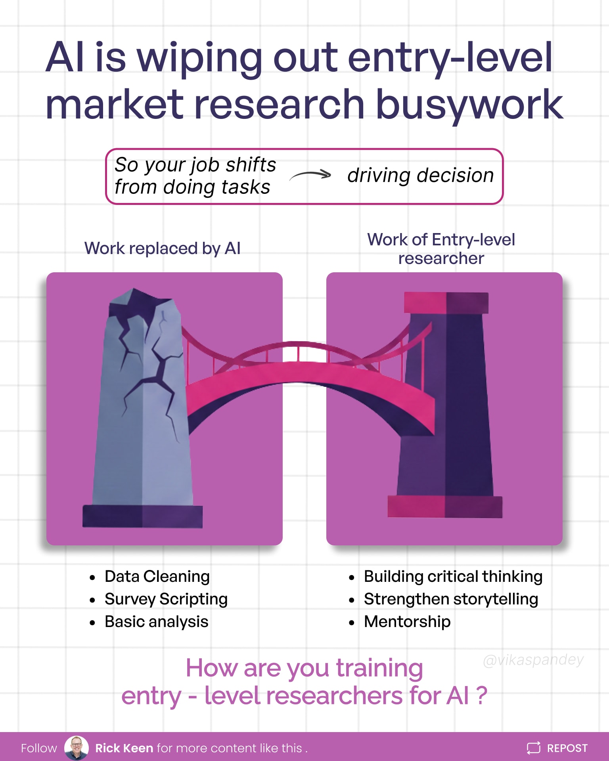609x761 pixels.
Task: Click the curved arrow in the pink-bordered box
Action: tap(310, 175)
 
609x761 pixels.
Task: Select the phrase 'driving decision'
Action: tap(420, 175)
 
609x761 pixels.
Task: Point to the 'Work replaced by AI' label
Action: tap(162, 249)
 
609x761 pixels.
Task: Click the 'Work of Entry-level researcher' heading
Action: tap(441, 249)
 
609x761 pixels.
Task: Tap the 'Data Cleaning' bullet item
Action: tap(157, 576)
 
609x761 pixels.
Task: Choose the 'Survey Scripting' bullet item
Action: tap(166, 599)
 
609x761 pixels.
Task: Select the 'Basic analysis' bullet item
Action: tap(156, 621)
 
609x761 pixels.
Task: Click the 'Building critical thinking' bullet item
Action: tap(453, 576)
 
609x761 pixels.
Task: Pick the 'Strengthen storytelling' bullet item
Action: tap(451, 599)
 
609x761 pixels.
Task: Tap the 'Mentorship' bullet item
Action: tap(407, 621)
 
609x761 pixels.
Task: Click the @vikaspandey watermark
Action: tap(533, 660)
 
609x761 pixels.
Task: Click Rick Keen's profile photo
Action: tap(76, 748)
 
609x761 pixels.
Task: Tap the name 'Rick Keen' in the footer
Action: tap(124, 748)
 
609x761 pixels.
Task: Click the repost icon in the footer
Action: tap(534, 748)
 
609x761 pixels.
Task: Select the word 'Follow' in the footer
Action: tap(39, 748)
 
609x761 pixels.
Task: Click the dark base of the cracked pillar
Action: tap(142, 516)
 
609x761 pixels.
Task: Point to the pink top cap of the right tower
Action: tap(446, 303)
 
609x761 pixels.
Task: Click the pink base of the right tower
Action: tap(444, 507)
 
